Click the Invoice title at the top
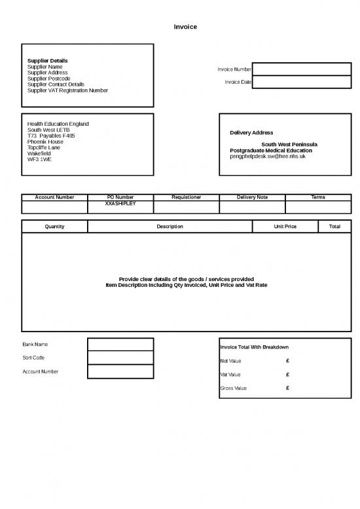pyautogui.click(x=185, y=27)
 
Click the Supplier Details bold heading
pyautogui.click(x=47, y=61)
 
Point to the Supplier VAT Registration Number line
pyautogui.click(x=67, y=90)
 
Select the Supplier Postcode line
pyautogui.click(x=48, y=79)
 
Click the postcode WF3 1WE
pyautogui.click(x=39, y=159)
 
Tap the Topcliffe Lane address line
pyautogui.click(x=44, y=147)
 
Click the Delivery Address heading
pyautogui.click(x=251, y=133)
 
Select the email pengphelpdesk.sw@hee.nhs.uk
pyautogui.click(x=267, y=157)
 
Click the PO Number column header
pyautogui.click(x=120, y=197)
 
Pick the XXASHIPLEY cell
pyautogui.click(x=120, y=203)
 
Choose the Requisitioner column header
pyautogui.click(x=186, y=197)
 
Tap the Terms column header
pyautogui.click(x=318, y=197)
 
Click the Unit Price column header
pyautogui.click(x=285, y=227)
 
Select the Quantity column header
pyautogui.click(x=54, y=227)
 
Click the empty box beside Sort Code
pyautogui.click(x=120, y=358)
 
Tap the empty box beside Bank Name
pyautogui.click(x=120, y=345)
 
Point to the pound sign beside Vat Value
pyautogui.click(x=288, y=375)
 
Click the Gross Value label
pyautogui.click(x=233, y=388)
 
